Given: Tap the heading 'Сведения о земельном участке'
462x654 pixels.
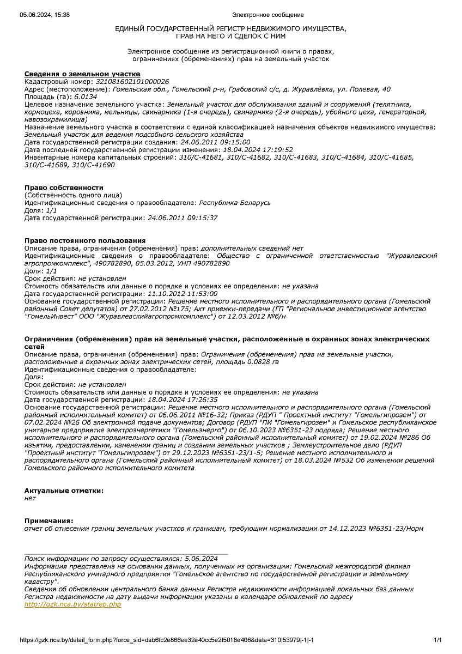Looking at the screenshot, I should (x=82, y=74).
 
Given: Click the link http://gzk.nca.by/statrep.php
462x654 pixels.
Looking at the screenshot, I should (x=72, y=604).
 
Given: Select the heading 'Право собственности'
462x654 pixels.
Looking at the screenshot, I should (x=64, y=187).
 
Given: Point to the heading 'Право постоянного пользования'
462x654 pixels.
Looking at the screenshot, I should (x=85, y=240).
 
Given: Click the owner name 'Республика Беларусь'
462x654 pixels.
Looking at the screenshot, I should (x=235, y=203).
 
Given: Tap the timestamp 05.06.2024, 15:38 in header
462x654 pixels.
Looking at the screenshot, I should (x=45, y=15).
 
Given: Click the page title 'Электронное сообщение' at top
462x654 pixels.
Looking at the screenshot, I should (x=268, y=15).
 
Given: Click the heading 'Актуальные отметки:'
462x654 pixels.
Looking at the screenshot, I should (x=64, y=491).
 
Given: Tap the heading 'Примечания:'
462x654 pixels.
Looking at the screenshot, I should (x=48, y=520).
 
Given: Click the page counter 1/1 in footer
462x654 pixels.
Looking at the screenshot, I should (x=437, y=639).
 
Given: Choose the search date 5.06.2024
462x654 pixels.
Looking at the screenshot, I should (x=201, y=559).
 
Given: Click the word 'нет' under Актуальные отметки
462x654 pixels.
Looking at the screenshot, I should (x=30, y=498).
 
